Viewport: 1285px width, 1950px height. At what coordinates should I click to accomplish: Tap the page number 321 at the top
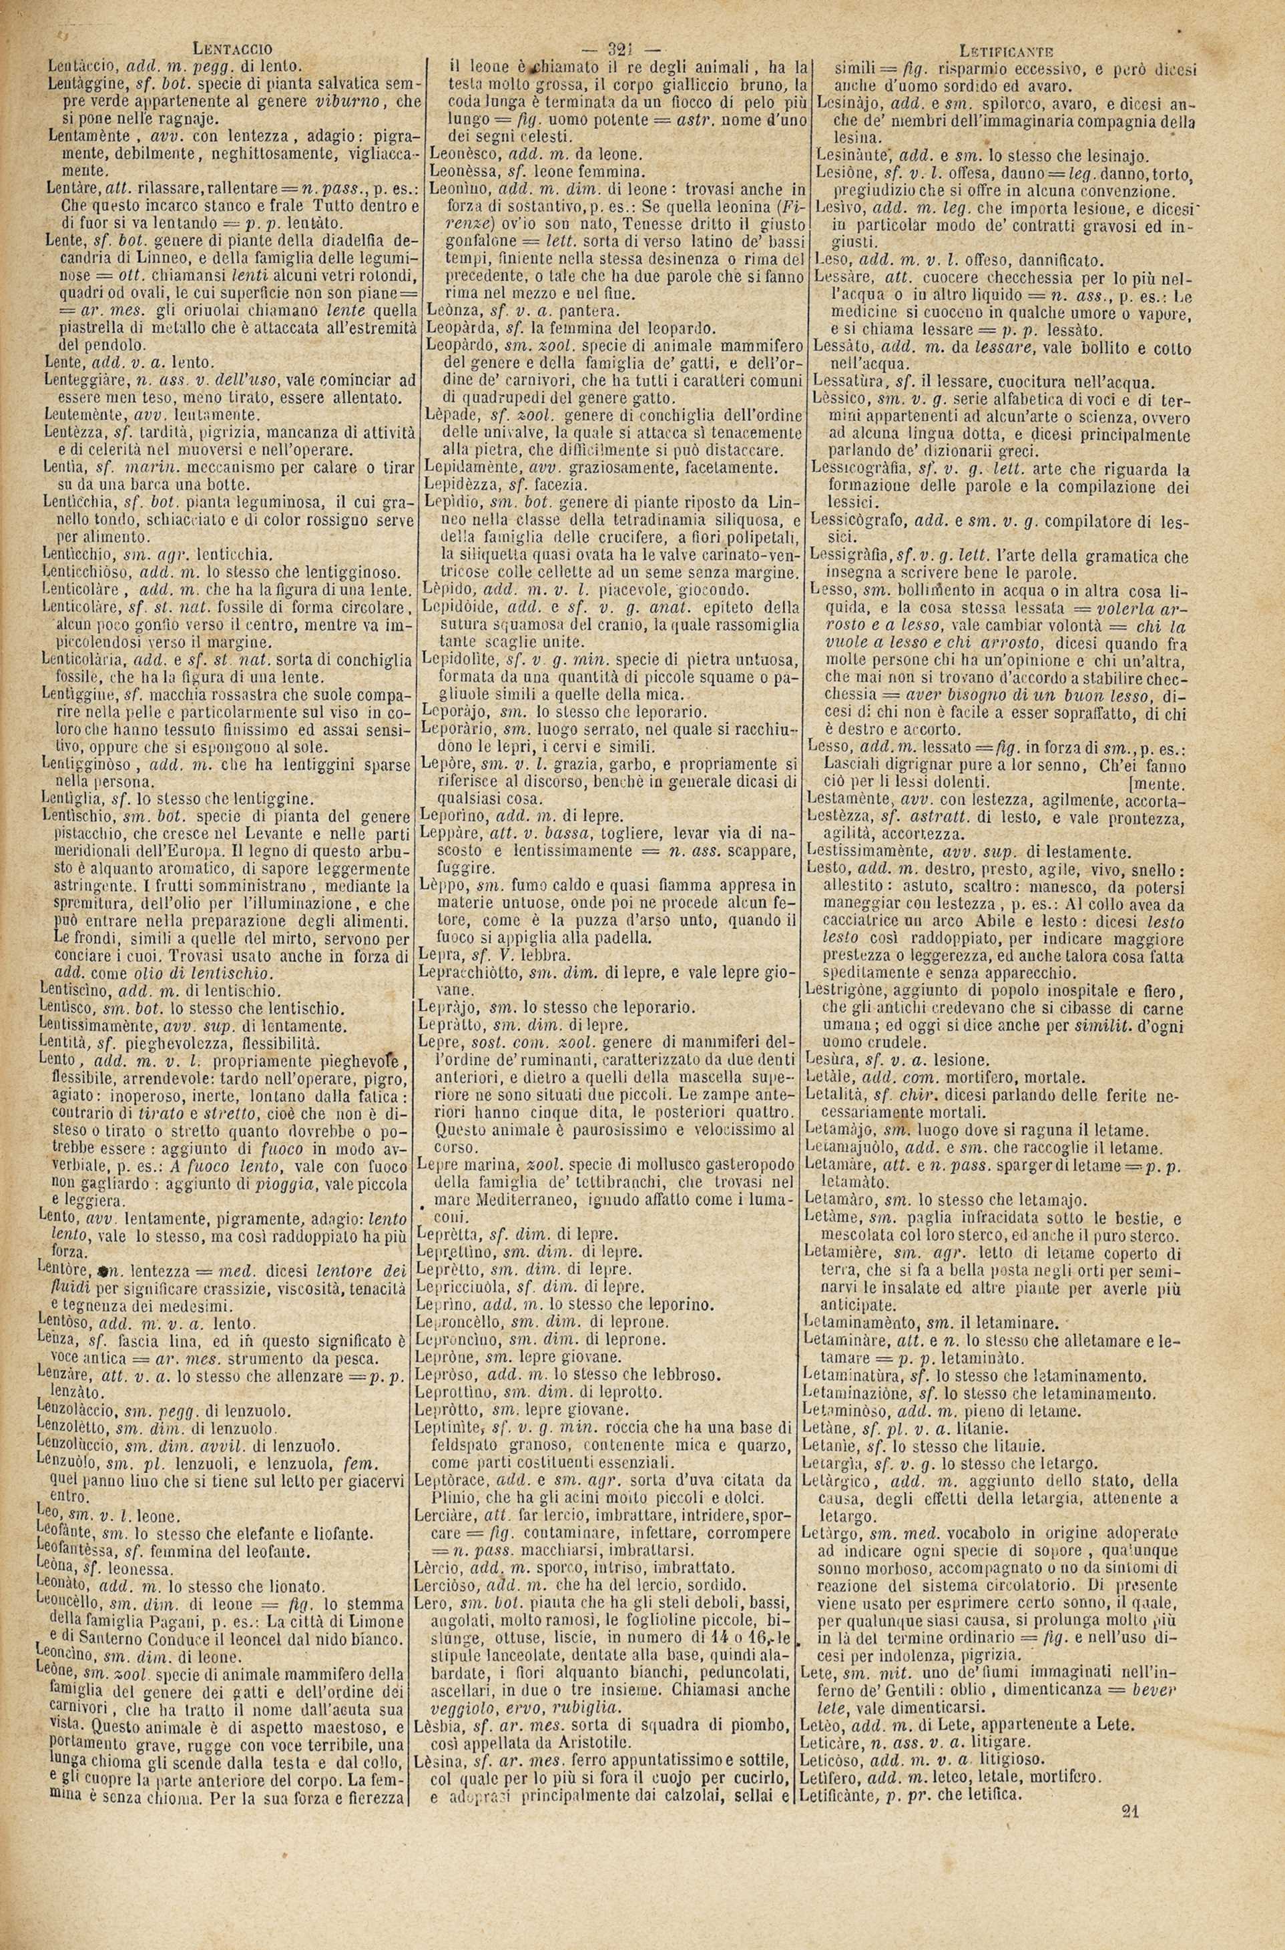coord(629,48)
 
